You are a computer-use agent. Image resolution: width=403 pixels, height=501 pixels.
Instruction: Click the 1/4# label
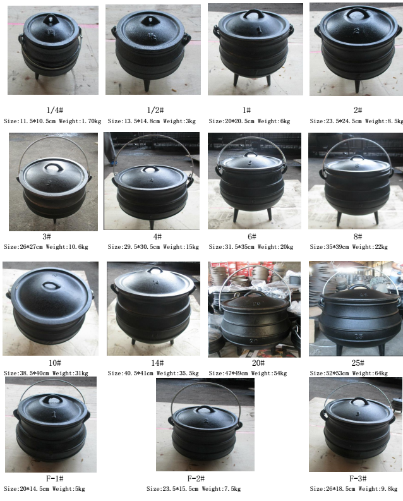click(54, 110)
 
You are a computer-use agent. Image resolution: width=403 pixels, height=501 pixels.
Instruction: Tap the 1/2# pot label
click(155, 110)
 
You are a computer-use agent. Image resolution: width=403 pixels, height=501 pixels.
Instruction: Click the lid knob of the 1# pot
click(252, 14)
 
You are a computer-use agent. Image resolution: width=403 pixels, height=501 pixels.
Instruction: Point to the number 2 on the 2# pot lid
click(356, 31)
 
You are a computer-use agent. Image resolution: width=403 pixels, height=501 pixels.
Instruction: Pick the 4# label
click(157, 237)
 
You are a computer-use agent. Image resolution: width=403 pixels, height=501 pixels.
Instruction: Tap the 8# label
click(358, 237)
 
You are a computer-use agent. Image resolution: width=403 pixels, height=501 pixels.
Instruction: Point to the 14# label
click(157, 363)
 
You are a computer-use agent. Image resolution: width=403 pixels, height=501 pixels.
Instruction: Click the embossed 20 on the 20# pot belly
click(253, 341)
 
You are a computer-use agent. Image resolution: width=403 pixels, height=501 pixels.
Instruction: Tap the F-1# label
click(54, 478)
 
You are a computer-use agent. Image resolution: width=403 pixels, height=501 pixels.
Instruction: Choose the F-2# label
click(196, 478)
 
